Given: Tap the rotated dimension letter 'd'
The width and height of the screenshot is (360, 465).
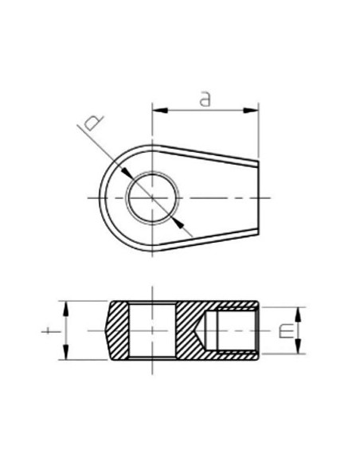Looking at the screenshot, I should coord(93,123).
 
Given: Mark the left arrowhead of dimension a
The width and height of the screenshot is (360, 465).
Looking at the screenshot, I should coord(156,109).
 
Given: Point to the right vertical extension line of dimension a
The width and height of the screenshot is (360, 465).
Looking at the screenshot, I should coord(260,131).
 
